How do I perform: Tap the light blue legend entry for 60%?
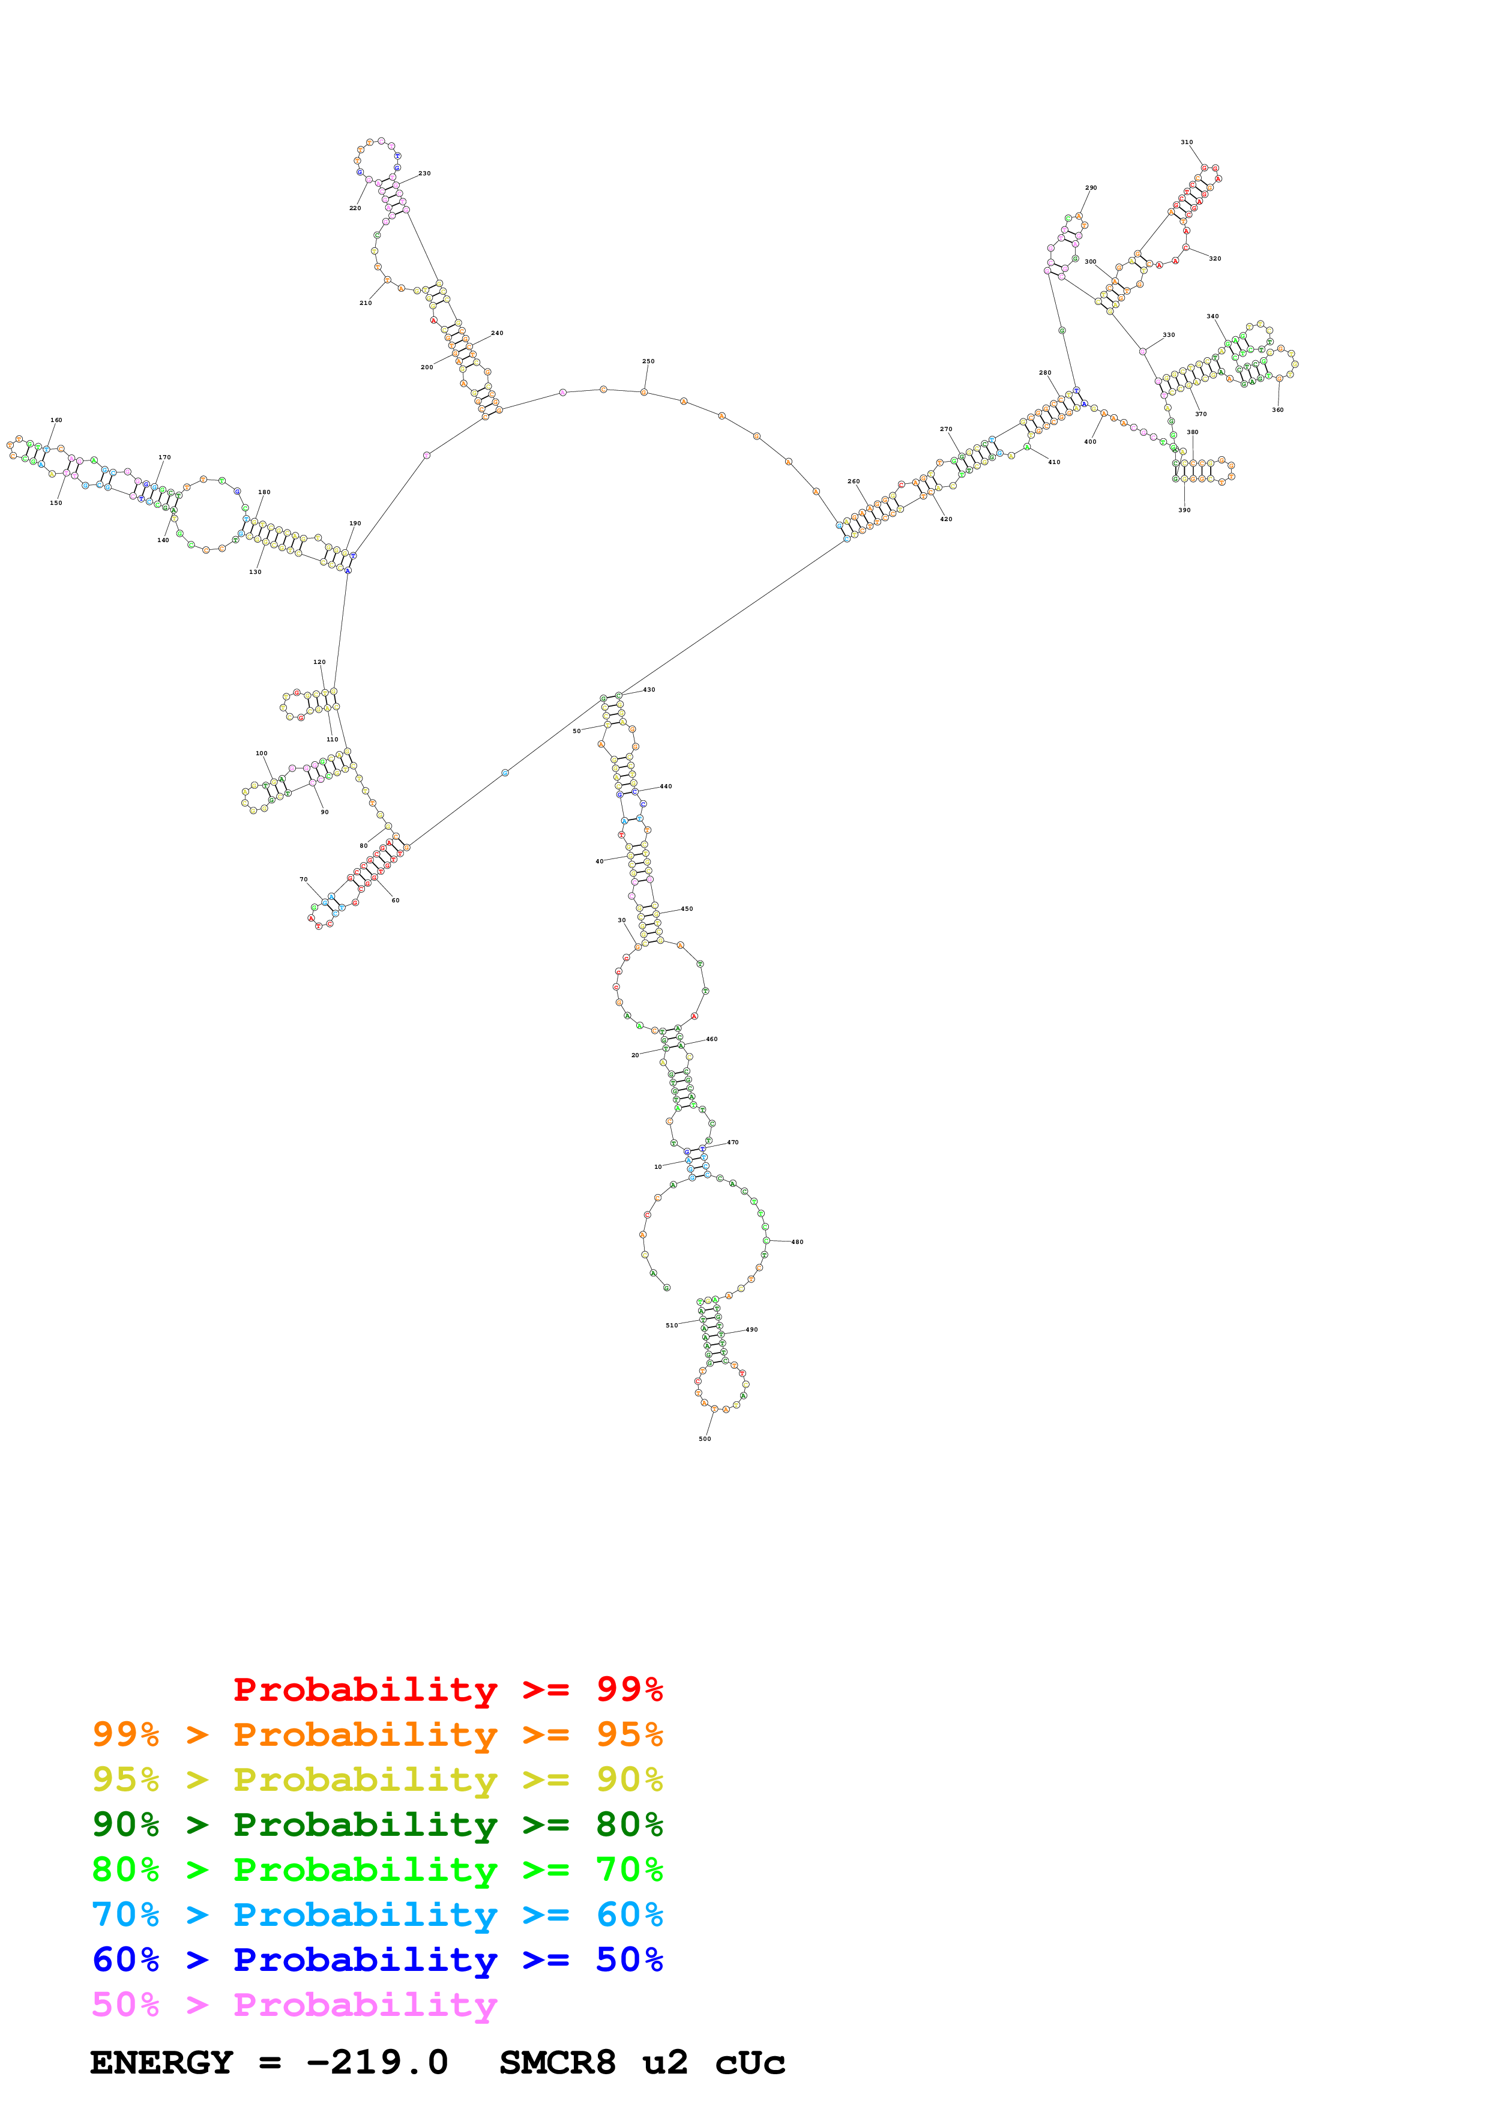[x=377, y=1914]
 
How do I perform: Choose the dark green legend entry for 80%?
[x=377, y=1824]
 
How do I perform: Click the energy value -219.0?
[x=377, y=2063]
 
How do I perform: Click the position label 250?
[x=648, y=361]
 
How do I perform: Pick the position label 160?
[x=56, y=420]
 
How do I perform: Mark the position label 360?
[x=1277, y=410]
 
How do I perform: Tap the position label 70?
[x=304, y=880]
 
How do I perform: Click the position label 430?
[x=649, y=690]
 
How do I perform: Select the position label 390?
[x=1184, y=510]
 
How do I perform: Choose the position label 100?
[x=261, y=753]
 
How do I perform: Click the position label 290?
[x=1091, y=188]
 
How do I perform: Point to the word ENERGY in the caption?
[x=161, y=2063]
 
